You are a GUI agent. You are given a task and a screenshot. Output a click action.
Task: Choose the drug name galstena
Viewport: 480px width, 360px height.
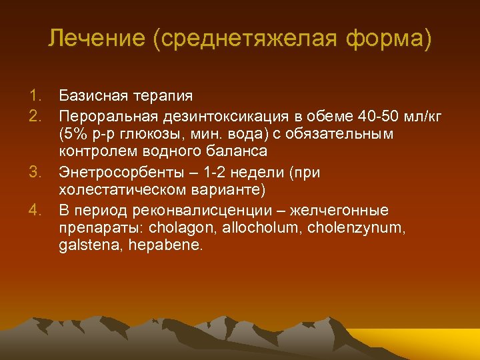point(84,246)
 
